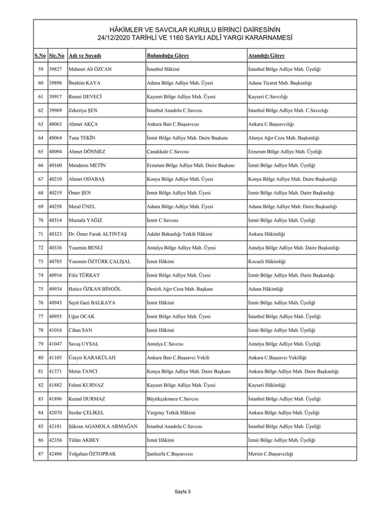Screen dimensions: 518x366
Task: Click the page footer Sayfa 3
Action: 182,491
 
